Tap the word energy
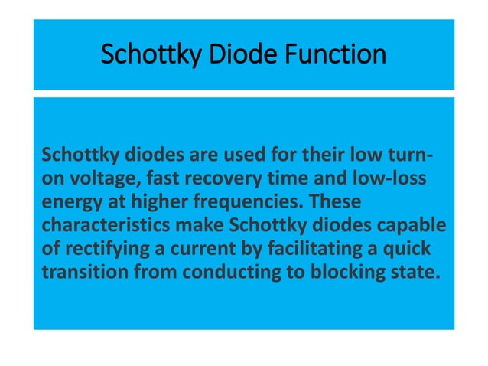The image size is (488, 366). (x=67, y=200)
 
